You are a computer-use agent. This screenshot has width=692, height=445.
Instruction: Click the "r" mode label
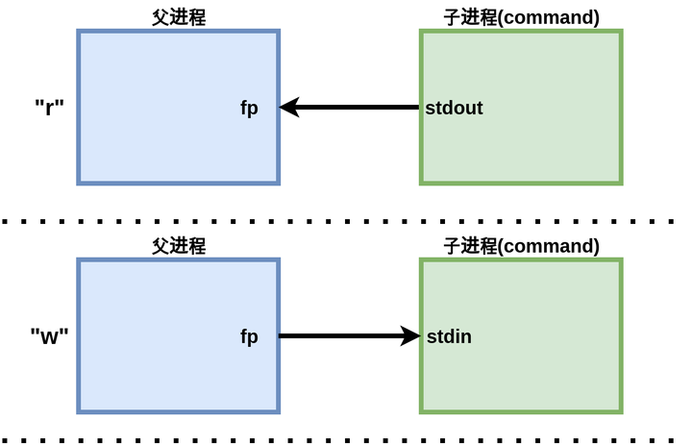(49, 107)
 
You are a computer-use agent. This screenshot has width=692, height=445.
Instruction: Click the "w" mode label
(49, 336)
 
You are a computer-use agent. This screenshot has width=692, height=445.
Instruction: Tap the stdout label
(454, 108)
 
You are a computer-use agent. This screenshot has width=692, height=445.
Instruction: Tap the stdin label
(449, 336)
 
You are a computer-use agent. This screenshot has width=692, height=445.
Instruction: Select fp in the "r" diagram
(249, 108)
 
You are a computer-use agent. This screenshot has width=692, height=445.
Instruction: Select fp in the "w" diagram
(249, 336)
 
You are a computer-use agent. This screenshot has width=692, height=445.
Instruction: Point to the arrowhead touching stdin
(410, 336)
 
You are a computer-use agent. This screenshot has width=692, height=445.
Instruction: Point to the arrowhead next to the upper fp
(289, 107)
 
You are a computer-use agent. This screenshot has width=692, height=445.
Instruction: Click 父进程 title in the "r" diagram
(179, 17)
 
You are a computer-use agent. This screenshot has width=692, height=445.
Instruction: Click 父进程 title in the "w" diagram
(179, 246)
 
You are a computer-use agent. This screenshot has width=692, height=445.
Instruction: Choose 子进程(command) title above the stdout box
(521, 17)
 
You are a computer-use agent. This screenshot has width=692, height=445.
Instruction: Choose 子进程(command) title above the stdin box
(521, 246)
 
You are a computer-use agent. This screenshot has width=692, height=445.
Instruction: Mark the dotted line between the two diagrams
(346, 221)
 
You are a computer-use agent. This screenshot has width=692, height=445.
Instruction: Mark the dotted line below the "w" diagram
(346, 441)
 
